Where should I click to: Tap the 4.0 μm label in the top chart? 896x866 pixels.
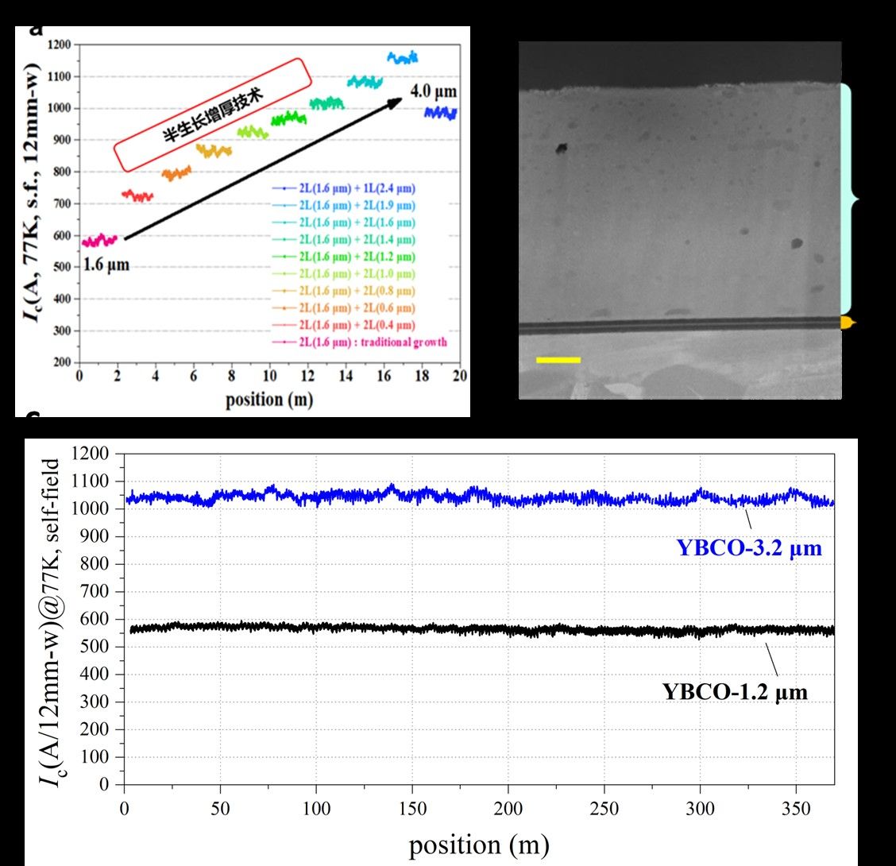click(x=434, y=92)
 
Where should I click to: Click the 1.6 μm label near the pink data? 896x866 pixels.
click(x=106, y=265)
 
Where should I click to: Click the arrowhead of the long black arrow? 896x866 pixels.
click(x=397, y=102)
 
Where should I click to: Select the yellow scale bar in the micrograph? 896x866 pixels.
click(x=558, y=360)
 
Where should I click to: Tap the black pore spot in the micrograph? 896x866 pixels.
click(x=562, y=148)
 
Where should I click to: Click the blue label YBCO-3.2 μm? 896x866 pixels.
click(x=749, y=547)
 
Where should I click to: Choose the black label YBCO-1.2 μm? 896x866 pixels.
click(x=735, y=691)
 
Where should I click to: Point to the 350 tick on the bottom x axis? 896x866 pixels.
click(x=797, y=809)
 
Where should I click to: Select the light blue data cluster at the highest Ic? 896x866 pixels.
click(x=402, y=57)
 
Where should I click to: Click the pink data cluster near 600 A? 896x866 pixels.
click(x=99, y=240)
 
